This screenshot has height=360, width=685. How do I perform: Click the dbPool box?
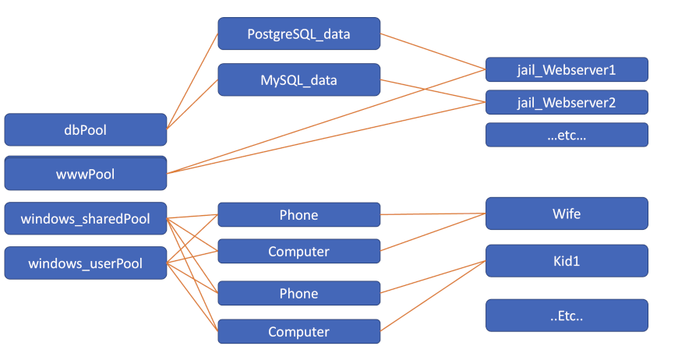click(x=86, y=130)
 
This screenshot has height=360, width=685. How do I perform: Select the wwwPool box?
click(x=86, y=174)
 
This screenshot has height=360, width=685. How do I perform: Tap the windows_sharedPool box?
click(x=86, y=219)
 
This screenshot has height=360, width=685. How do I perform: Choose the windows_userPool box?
click(x=86, y=263)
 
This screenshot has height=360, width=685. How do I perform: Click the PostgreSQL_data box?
click(x=298, y=34)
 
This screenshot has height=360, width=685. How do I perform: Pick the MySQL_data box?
click(x=298, y=80)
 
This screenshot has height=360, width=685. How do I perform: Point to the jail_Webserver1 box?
click(x=567, y=69)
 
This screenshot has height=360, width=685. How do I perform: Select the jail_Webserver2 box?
click(x=567, y=102)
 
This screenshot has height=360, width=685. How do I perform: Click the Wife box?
click(x=567, y=214)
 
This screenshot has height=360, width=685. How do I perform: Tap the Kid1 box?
click(x=567, y=261)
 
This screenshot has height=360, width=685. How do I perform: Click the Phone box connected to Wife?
click(x=298, y=215)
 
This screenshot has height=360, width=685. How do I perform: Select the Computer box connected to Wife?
click(x=298, y=252)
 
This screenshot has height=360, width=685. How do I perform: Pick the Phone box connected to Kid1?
click(x=298, y=294)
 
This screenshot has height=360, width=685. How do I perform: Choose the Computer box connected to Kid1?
click(x=298, y=332)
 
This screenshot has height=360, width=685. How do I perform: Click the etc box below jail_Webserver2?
click(x=567, y=135)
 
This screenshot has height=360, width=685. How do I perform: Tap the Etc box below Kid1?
click(x=567, y=315)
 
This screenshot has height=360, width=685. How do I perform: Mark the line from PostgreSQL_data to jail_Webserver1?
click(x=433, y=51)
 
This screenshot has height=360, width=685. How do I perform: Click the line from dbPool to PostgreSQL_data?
click(x=192, y=80)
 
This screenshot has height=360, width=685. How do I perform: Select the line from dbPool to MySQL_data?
click(x=192, y=103)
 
